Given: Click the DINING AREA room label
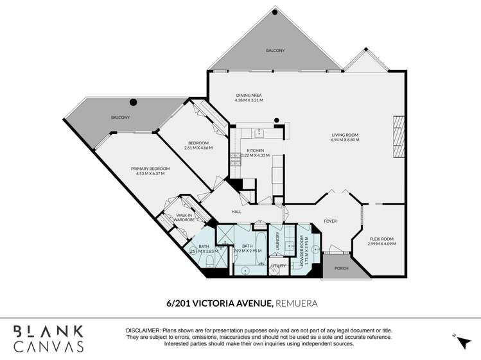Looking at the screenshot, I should (248, 96).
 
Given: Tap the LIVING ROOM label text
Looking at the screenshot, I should (344, 135).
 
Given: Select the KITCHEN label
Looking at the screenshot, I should (256, 150).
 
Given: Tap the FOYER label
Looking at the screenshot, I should (330, 221).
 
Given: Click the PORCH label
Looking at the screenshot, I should (341, 268).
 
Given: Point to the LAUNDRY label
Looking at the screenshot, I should (276, 239).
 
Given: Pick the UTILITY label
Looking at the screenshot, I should (277, 265).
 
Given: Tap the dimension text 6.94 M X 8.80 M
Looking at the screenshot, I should (344, 139).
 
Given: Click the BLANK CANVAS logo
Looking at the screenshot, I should (49, 338).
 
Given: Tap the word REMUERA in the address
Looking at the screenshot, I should (298, 302).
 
